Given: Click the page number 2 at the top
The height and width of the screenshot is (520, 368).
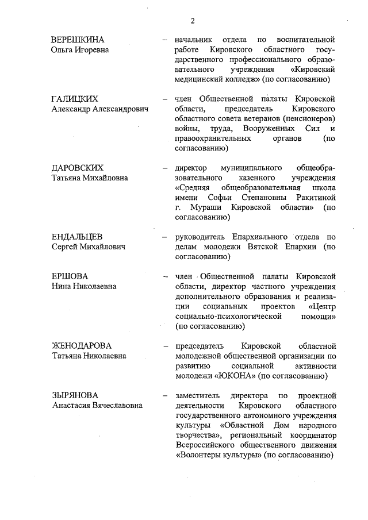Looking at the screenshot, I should [x=193, y=21].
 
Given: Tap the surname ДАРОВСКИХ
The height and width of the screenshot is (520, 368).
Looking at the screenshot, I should [x=78, y=168].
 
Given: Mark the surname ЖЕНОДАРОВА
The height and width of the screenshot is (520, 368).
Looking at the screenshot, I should [x=81, y=346].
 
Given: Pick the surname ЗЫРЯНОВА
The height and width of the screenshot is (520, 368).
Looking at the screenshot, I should [x=74, y=395].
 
